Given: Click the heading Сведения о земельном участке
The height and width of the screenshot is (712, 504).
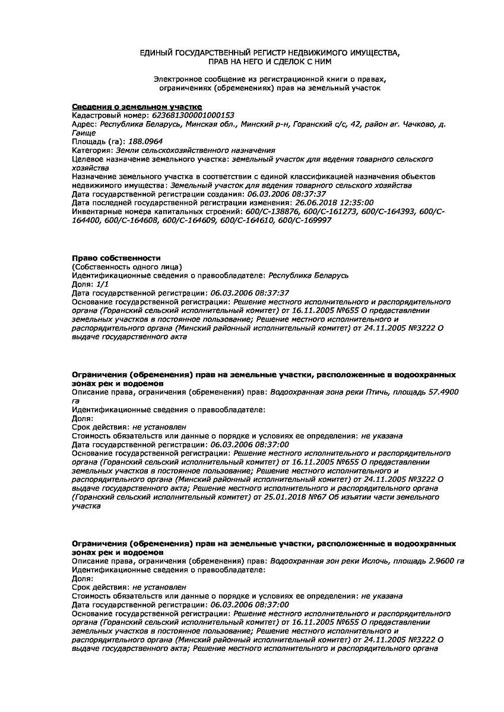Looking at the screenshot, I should coord(129,106).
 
